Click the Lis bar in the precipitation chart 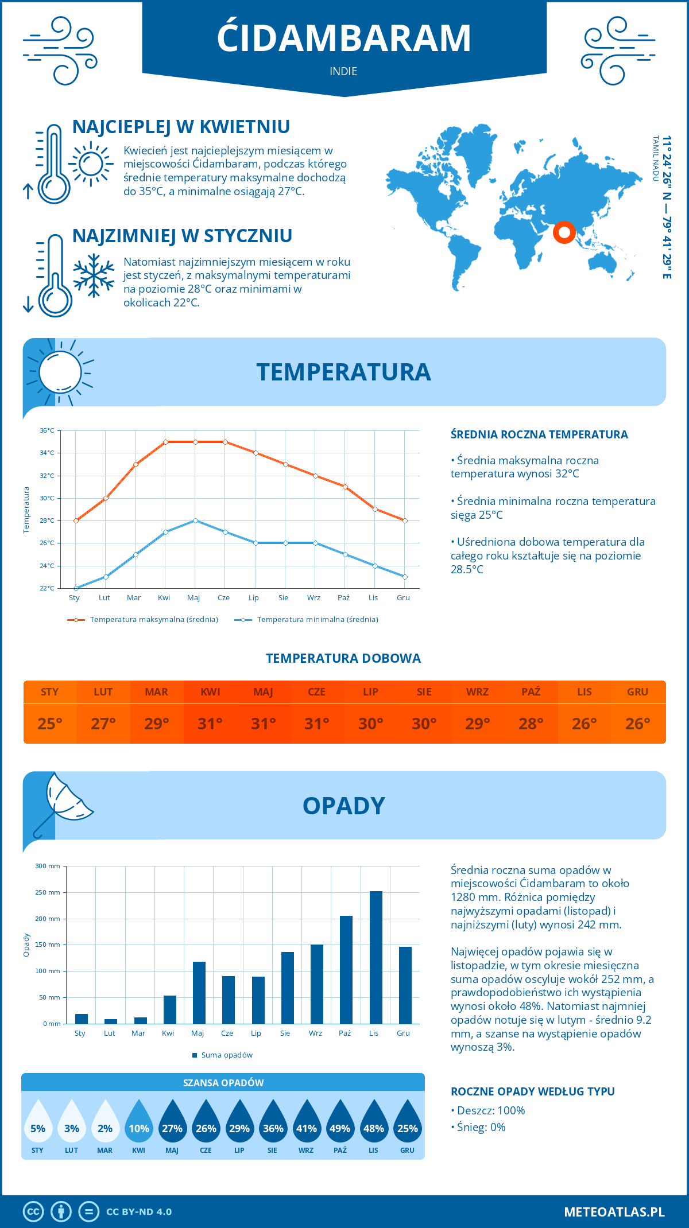(x=376, y=957)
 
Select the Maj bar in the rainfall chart (x=199, y=993)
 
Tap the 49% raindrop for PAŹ (x=340, y=1125)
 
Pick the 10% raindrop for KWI (x=139, y=1125)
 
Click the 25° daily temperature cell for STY (x=50, y=723)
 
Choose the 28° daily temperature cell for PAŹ (x=531, y=723)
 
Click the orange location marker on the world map (x=564, y=232)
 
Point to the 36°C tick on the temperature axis (x=47, y=430)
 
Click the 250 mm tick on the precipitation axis (x=48, y=892)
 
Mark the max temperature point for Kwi (x=165, y=442)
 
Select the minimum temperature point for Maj (x=195, y=520)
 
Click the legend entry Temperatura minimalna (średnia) (x=307, y=620)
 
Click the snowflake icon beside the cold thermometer (x=94, y=276)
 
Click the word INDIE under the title (x=343, y=71)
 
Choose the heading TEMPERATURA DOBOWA (x=343, y=658)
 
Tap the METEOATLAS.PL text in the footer (x=614, y=1212)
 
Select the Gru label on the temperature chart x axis (x=403, y=598)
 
